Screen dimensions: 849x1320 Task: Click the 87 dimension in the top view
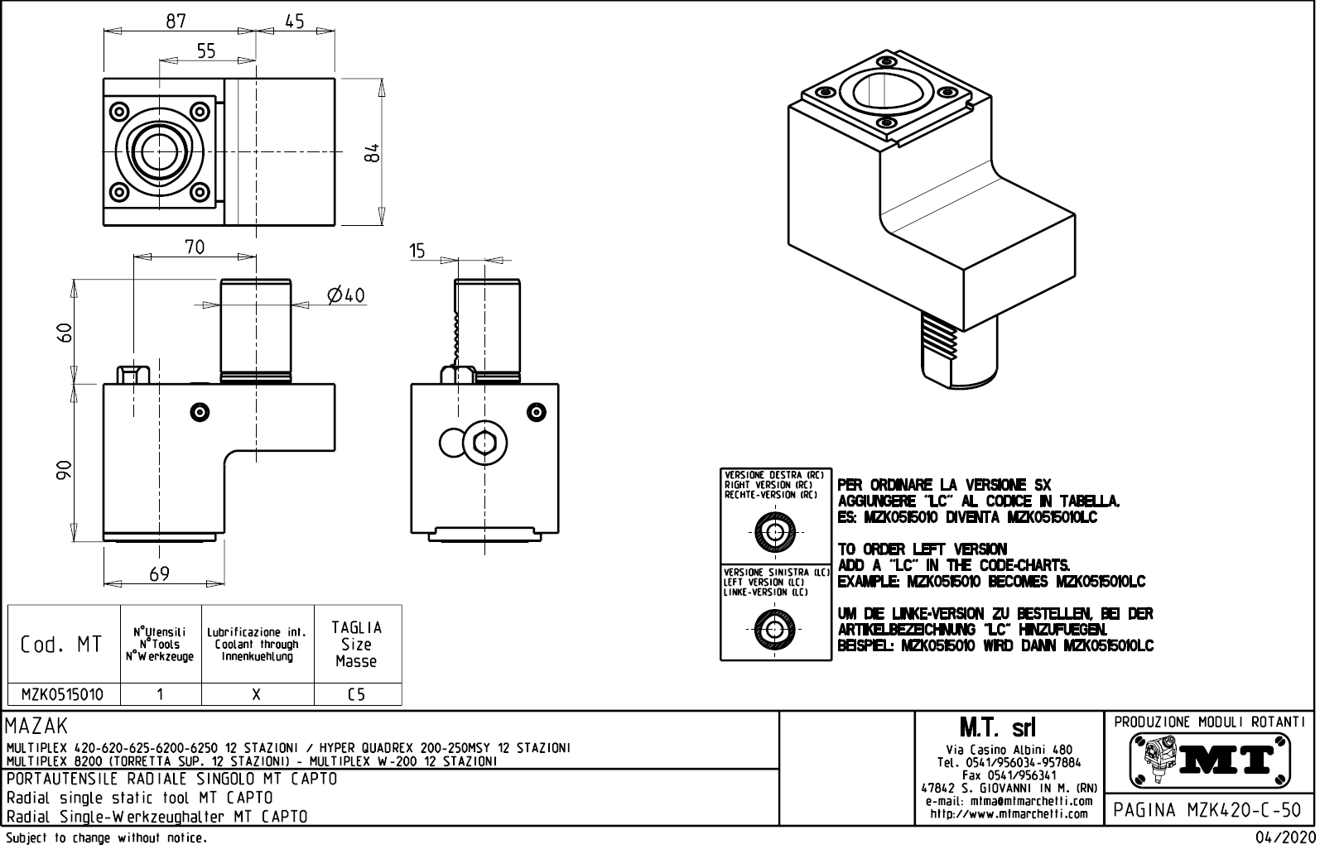point(176,21)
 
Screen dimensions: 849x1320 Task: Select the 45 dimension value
point(295,21)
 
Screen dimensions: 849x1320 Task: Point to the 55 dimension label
point(206,51)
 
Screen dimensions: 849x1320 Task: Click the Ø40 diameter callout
point(346,295)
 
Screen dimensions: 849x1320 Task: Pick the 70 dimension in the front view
point(195,247)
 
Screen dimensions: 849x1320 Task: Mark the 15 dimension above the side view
point(417,251)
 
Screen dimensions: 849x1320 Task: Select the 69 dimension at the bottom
point(159,573)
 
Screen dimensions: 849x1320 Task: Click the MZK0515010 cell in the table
point(63,695)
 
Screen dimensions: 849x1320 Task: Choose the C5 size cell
point(357,695)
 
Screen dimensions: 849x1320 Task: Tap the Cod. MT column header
point(62,645)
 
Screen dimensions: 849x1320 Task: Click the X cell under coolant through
point(257,695)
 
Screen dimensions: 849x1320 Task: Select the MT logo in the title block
point(1210,760)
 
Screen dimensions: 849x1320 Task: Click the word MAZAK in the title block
point(37,727)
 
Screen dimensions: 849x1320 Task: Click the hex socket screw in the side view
point(484,444)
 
